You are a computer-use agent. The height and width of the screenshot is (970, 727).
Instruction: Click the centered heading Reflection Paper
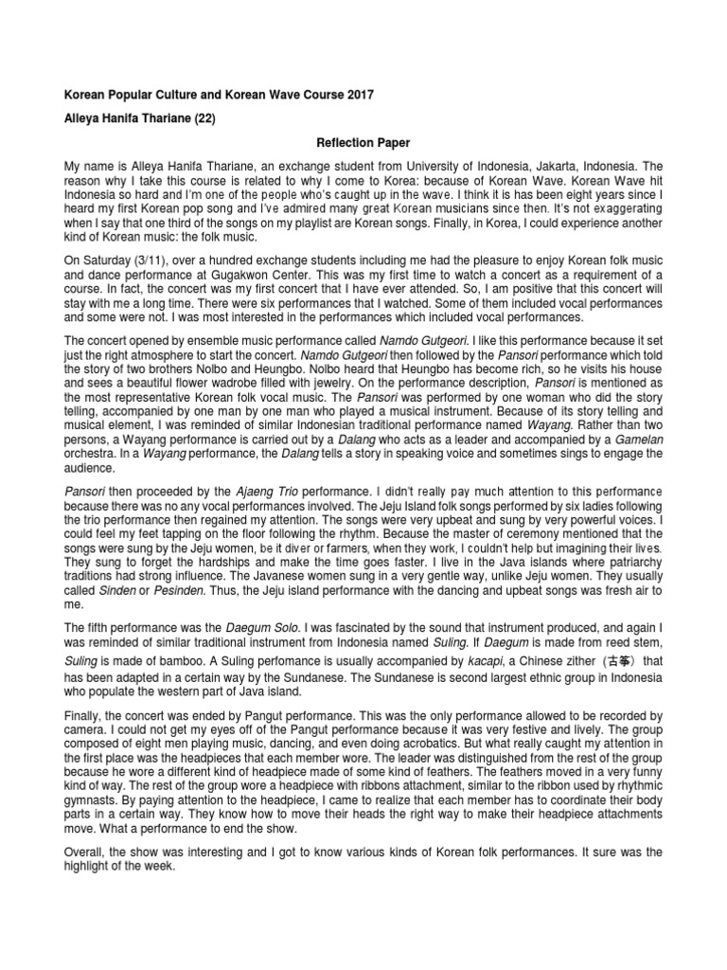363,142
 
